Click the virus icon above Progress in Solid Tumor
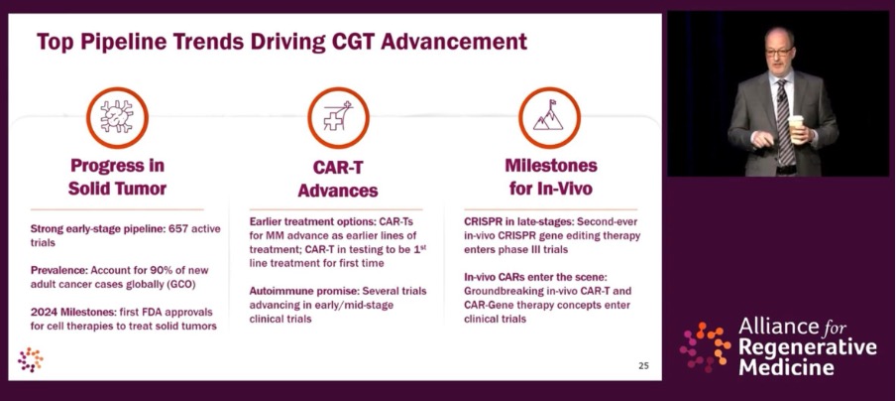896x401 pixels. pyautogui.click(x=117, y=118)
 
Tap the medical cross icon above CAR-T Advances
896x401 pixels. pyautogui.click(x=338, y=118)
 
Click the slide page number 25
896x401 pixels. pyautogui.click(x=643, y=366)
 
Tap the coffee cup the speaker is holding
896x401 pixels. pyautogui.click(x=796, y=128)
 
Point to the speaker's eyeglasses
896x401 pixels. pyautogui.click(x=779, y=52)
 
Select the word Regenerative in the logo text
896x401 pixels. pyautogui.click(x=808, y=347)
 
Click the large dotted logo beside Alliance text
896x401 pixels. pyautogui.click(x=705, y=346)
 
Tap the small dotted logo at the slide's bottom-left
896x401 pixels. pyautogui.click(x=31, y=359)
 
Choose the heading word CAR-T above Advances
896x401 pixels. pyautogui.click(x=338, y=168)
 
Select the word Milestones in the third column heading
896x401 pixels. pyautogui.click(x=551, y=166)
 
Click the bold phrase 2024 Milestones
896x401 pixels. pyautogui.click(x=73, y=313)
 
